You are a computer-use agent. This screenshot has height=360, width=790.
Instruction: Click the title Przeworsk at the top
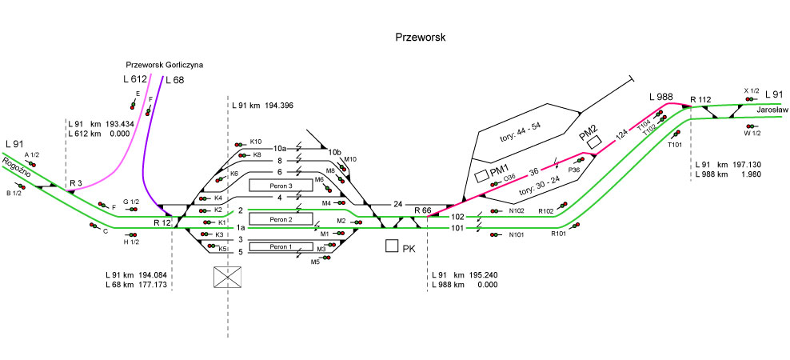click(420, 38)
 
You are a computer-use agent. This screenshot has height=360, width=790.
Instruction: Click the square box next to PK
click(392, 246)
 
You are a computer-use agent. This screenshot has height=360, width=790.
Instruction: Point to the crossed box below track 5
click(229, 277)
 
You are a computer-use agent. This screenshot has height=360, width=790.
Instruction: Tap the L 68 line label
click(174, 79)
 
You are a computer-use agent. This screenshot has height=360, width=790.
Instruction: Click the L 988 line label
click(660, 97)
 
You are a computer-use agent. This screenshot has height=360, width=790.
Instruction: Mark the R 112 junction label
click(700, 99)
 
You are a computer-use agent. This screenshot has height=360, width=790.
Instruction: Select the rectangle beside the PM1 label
click(481, 174)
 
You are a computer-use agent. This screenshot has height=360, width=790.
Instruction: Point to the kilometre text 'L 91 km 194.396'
click(262, 106)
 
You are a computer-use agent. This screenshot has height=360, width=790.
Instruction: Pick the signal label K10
click(256, 142)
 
